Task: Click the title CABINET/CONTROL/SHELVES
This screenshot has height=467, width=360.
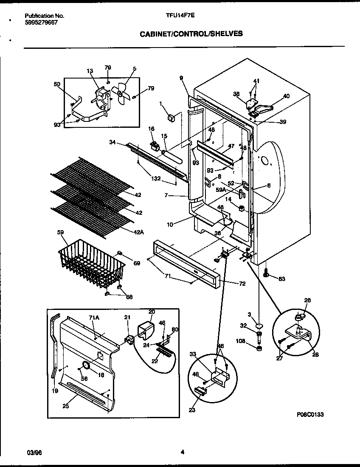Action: point(191,34)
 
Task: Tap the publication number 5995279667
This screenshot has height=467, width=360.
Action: point(41,23)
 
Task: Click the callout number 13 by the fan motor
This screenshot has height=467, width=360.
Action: point(90,71)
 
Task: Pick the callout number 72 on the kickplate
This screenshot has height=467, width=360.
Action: point(242,284)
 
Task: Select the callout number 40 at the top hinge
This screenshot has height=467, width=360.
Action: point(286,96)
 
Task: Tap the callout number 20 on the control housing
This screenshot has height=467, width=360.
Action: point(152,311)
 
